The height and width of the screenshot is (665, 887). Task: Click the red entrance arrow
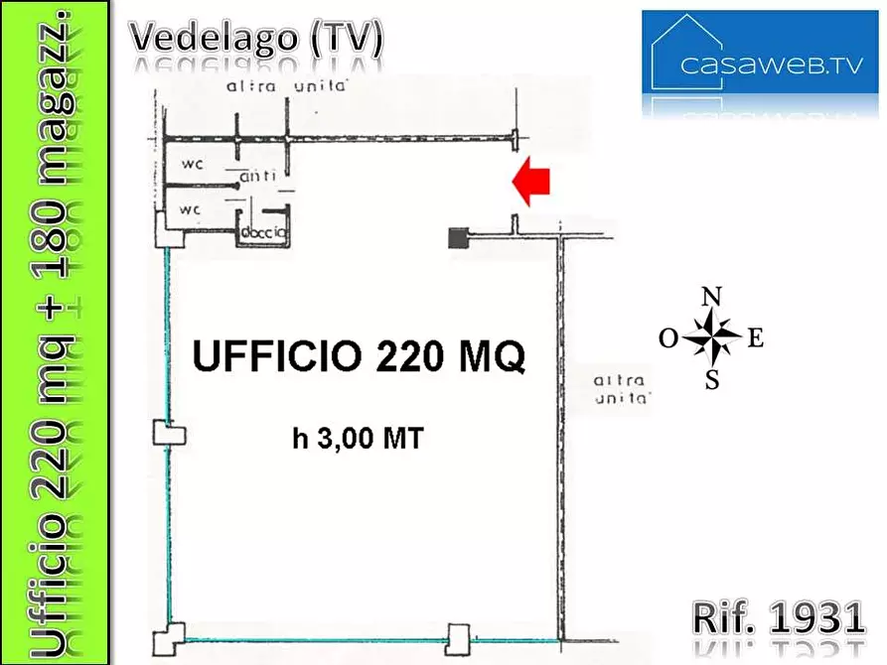point(531,184)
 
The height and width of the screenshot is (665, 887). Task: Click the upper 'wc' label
point(192,163)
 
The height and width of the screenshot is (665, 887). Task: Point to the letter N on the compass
point(711,297)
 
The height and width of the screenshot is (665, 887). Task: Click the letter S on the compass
point(712,379)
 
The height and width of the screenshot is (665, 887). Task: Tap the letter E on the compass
point(755,338)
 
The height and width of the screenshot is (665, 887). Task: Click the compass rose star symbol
point(712,337)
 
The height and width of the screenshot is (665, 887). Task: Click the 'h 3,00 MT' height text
point(359,437)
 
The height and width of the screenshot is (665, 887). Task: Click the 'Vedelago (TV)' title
point(256,37)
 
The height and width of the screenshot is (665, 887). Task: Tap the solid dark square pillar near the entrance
point(458,238)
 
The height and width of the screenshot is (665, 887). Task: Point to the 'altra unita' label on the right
point(621,390)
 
